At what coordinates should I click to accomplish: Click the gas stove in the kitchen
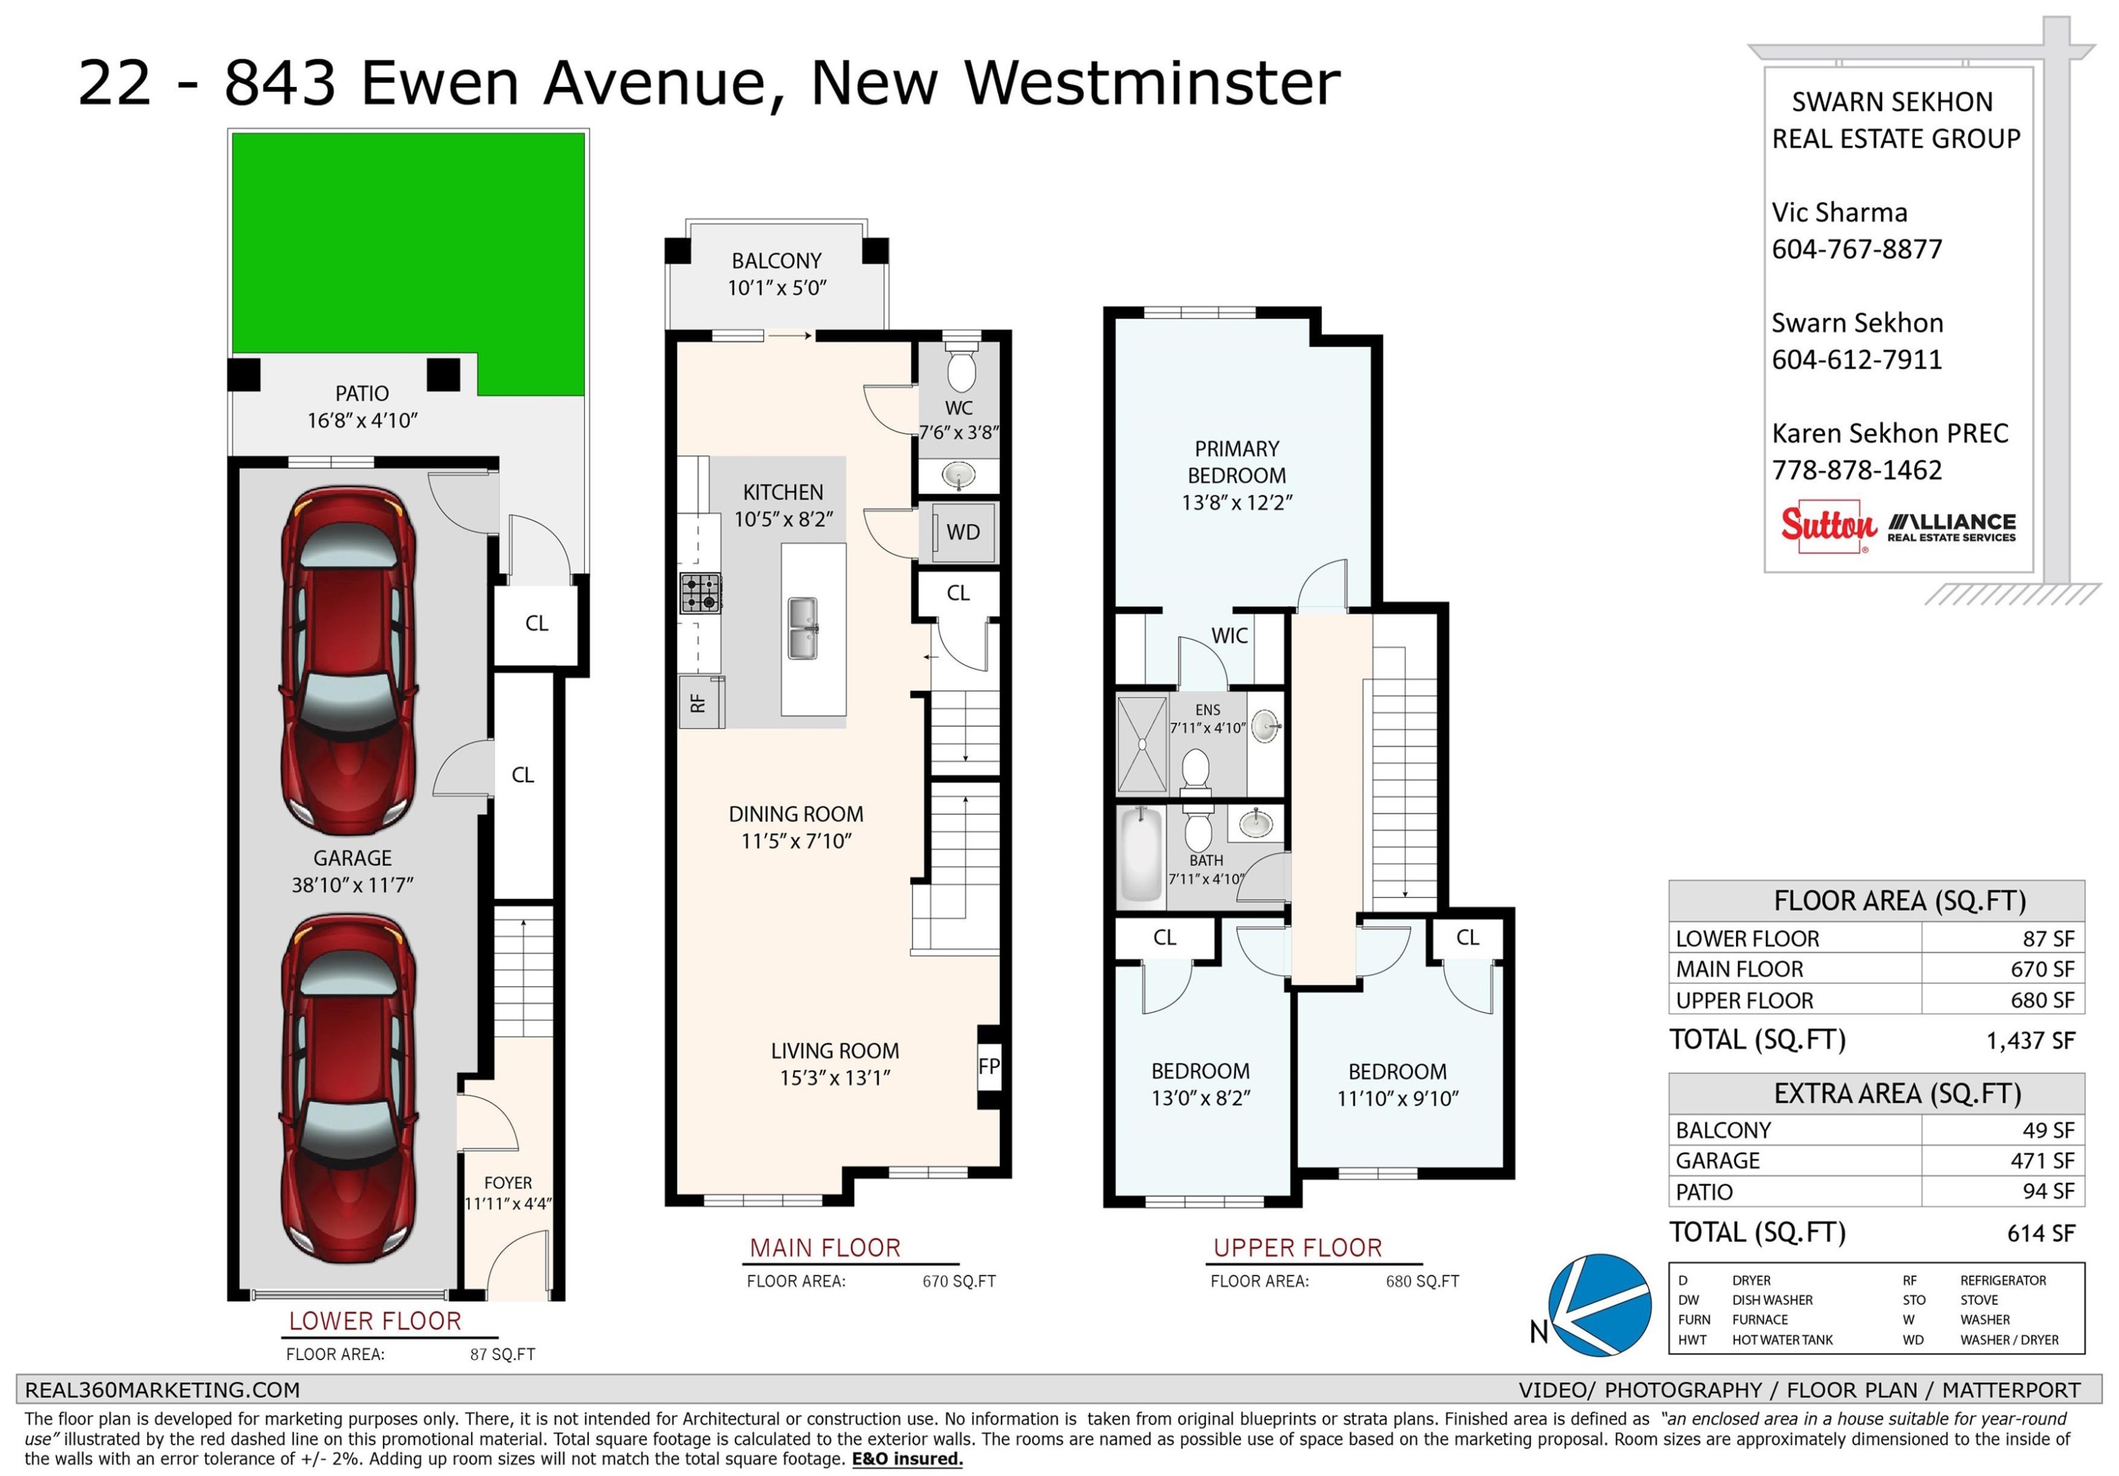701,593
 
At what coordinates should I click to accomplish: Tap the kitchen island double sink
803,629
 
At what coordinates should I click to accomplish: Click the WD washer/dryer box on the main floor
963,532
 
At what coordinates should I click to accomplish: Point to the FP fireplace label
988,1066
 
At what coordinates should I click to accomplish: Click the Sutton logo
1828,527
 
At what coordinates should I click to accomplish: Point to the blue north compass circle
1599,1304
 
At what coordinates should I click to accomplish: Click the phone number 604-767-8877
1857,249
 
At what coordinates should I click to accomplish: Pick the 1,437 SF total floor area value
2031,1040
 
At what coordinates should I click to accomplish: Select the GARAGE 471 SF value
2043,1160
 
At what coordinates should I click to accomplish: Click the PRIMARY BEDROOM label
1237,462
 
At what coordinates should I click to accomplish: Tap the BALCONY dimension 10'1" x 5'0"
777,288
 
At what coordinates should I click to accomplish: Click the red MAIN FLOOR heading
825,1248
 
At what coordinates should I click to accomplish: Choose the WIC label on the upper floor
1229,636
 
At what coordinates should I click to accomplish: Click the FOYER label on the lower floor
508,1183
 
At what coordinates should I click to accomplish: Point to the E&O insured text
907,1458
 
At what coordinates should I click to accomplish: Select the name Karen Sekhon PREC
1890,434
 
